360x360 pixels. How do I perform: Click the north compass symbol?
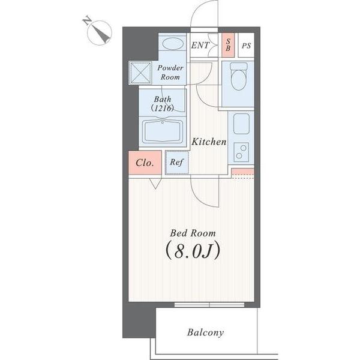[x=99, y=32]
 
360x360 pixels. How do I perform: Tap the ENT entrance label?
[x=200, y=45]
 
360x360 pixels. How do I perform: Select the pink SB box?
[x=228, y=45]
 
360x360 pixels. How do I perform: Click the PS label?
[x=246, y=46]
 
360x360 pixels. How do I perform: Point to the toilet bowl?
[x=239, y=76]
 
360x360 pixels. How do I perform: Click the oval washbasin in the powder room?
[x=173, y=44]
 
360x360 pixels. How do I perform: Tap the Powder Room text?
[x=170, y=73]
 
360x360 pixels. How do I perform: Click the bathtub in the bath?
[x=163, y=131]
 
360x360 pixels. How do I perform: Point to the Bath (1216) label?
[x=163, y=104]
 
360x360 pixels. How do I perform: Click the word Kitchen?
[x=209, y=142]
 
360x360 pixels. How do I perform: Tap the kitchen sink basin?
[x=241, y=124]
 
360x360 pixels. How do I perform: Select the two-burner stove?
[x=241, y=152]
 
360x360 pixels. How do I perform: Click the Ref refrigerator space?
[x=177, y=163]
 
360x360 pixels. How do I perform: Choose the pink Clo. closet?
[x=145, y=163]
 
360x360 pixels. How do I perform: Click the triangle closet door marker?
[x=155, y=184]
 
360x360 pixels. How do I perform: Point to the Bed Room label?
[x=193, y=233]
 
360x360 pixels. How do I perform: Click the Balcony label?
[x=205, y=332]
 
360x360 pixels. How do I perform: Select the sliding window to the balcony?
[x=209, y=305]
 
